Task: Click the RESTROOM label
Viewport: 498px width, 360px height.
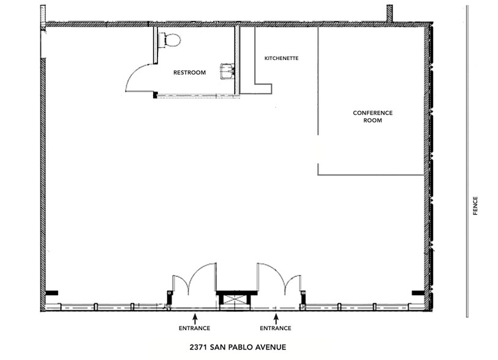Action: (189, 73)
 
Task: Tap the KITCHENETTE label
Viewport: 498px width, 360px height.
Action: (281, 59)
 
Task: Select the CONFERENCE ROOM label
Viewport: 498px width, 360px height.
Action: (372, 117)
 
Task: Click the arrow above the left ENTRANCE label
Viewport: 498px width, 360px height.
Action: (194, 318)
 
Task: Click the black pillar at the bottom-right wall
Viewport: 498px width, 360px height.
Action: (418, 293)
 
